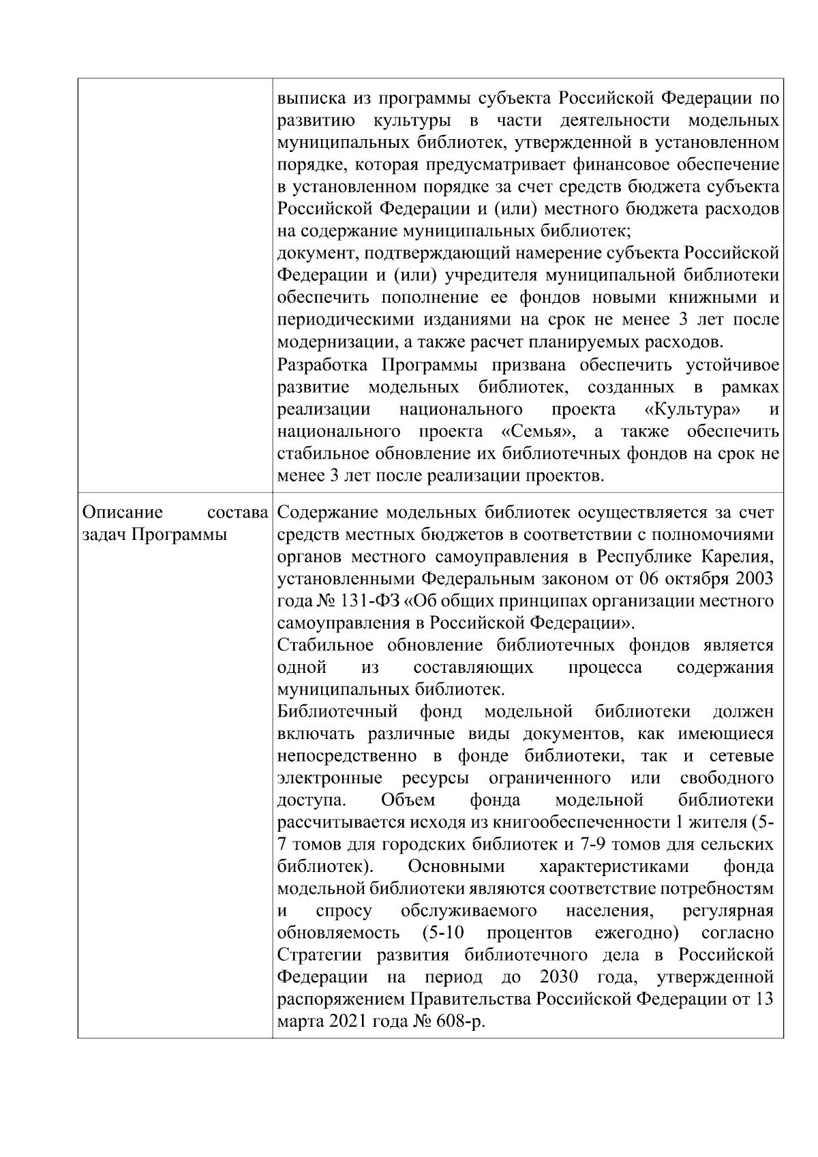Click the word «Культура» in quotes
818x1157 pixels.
pos(693,410)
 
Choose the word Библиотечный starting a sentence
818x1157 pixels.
pos(338,712)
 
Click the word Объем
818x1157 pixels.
pos(408,800)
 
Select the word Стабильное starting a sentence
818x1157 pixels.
pos(326,646)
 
